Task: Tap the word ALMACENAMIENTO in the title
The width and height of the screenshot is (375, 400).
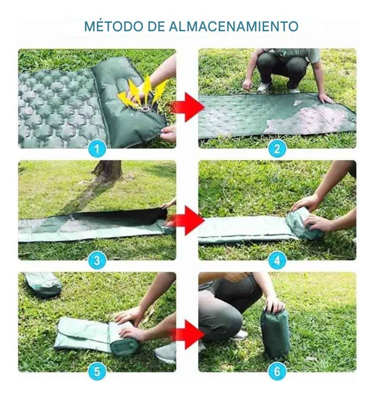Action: (233, 26)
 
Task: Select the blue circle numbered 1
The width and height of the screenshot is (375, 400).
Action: (97, 148)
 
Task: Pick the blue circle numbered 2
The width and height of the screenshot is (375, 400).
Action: (277, 148)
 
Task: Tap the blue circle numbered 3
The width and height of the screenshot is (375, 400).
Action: (97, 260)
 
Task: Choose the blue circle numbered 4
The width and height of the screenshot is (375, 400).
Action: (277, 260)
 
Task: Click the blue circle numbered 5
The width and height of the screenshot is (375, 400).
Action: (97, 372)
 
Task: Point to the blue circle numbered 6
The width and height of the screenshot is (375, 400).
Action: (277, 372)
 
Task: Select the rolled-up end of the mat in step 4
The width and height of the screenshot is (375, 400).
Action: (303, 223)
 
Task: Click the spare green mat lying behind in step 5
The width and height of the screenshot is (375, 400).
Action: (43, 284)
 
